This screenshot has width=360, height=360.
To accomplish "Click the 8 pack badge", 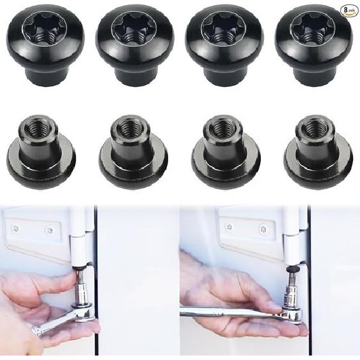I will click(x=347, y=10).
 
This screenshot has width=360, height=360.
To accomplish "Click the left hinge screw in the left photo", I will click(x=15, y=228).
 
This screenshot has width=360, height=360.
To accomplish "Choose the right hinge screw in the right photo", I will click(x=263, y=229).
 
